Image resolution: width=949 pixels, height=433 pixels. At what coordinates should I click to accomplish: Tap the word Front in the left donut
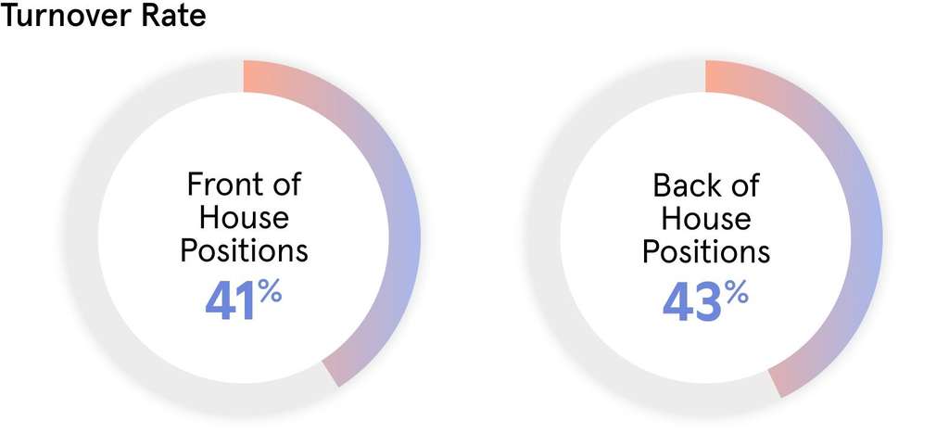[x=220, y=185]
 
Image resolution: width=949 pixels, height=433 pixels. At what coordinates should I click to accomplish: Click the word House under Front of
[x=244, y=218]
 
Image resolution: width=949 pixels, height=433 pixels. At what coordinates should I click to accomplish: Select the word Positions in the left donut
[x=244, y=251]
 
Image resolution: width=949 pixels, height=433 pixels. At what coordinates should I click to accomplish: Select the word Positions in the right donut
[x=706, y=251]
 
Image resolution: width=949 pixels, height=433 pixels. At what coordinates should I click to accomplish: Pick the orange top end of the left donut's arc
[x=255, y=76]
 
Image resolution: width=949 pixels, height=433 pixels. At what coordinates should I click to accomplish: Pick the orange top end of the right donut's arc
[x=717, y=76]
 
